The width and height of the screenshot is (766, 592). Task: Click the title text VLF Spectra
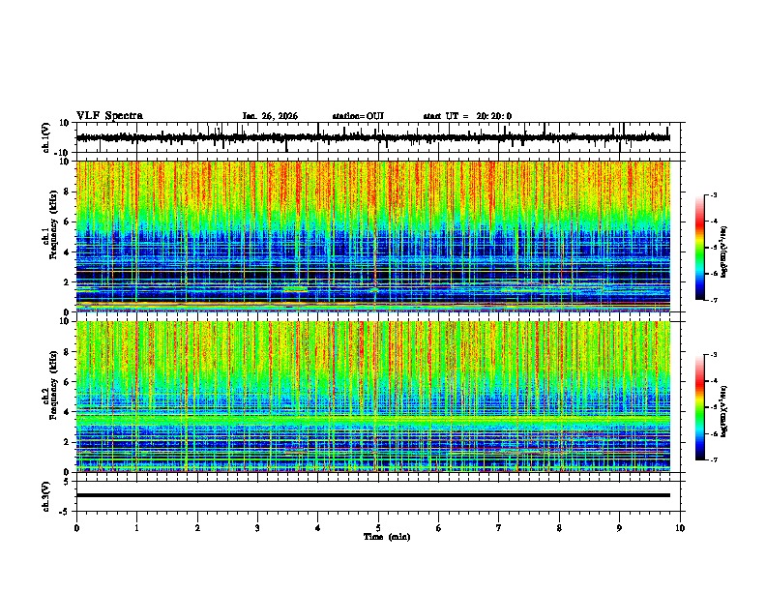tap(109, 115)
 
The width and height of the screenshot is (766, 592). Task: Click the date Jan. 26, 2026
tap(270, 116)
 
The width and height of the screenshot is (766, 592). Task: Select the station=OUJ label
tap(358, 116)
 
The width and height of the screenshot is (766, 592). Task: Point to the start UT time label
tap(467, 116)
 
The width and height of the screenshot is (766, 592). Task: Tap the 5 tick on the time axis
tap(378, 528)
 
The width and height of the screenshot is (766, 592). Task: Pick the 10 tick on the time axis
tap(681, 528)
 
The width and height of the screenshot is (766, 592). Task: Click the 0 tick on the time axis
tap(76, 528)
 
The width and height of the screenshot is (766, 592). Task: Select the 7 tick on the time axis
tap(499, 528)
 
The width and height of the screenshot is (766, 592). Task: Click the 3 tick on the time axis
tap(257, 528)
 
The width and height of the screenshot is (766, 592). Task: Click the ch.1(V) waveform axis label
tap(46, 138)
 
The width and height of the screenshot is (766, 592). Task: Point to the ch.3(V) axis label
tap(46, 495)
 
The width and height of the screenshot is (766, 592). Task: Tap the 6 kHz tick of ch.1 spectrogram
tap(67, 222)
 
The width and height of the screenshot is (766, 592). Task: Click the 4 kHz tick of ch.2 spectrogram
tap(67, 412)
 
